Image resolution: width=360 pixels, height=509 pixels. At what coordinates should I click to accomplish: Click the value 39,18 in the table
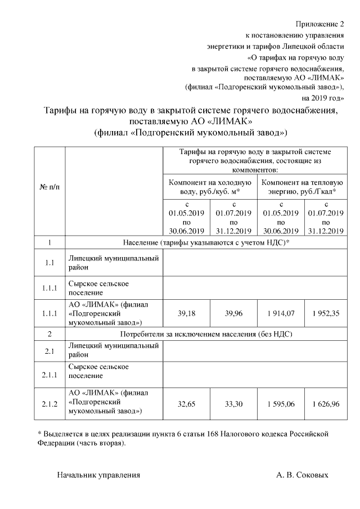tap(186, 314)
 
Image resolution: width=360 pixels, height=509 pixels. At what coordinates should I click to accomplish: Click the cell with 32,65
tap(186, 403)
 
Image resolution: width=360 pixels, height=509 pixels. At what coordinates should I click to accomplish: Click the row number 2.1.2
tap(49, 403)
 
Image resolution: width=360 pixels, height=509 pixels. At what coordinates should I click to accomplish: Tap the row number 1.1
tap(49, 263)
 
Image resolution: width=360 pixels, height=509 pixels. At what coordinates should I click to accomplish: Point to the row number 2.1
tap(49, 352)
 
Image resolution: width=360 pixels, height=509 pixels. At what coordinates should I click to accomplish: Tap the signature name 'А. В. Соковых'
tap(302, 475)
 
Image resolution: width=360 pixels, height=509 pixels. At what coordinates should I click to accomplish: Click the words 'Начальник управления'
tap(98, 475)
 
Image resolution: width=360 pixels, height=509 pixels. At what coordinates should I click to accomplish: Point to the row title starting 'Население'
tap(206, 242)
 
